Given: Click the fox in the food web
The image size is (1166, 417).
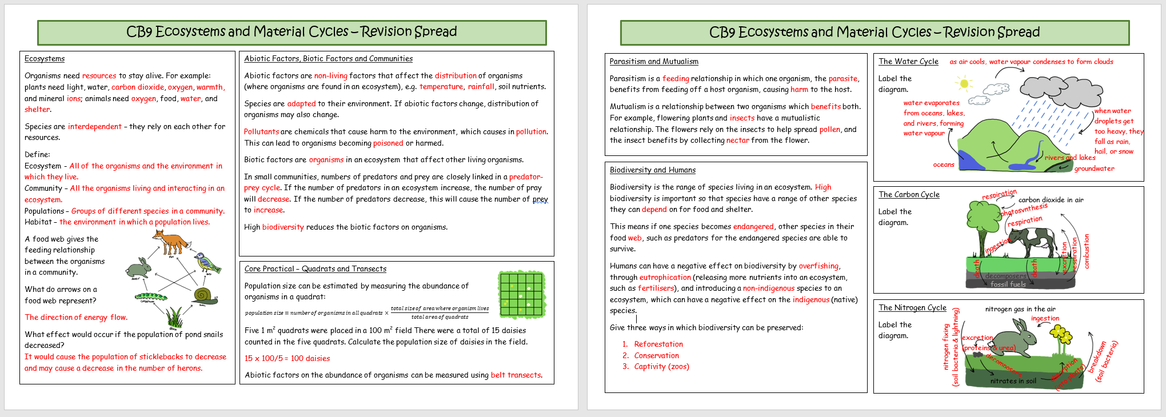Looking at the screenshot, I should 170,242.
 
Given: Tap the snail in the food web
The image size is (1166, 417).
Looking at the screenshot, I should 202,295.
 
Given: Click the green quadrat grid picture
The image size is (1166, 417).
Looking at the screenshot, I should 522,295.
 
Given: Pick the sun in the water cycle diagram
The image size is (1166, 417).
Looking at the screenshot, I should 965,84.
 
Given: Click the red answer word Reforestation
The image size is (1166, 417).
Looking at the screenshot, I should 658,344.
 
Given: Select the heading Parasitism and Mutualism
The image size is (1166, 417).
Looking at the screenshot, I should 654,62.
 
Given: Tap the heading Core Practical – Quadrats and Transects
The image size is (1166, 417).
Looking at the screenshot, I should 316,269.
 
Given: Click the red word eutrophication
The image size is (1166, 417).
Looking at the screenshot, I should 665,277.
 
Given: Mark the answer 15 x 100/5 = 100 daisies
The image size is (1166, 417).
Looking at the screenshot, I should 287,358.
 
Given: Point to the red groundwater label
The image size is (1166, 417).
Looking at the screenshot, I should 1094,169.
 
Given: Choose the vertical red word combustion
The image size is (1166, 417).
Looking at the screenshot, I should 1087,251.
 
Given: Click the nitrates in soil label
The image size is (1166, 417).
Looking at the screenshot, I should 1013,381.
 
